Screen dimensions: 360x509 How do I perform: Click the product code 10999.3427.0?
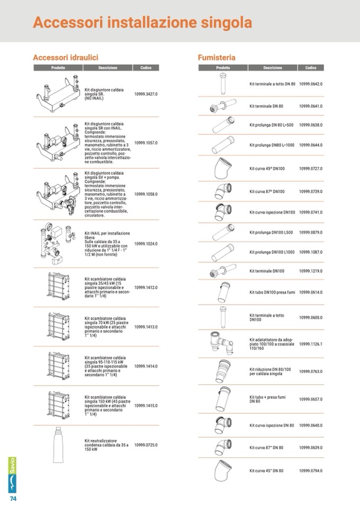pyautogui.click(x=146, y=94)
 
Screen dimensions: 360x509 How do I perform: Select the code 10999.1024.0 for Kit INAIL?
pyautogui.click(x=146, y=244)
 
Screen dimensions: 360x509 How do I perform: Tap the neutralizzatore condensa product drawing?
pyautogui.click(x=58, y=444)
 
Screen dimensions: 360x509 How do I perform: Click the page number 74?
pyautogui.click(x=13, y=498)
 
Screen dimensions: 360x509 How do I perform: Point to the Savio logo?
pyautogui.click(x=12, y=475)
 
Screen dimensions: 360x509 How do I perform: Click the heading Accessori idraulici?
pyautogui.click(x=65, y=58)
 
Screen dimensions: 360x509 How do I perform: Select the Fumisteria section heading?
pyautogui.click(x=217, y=58)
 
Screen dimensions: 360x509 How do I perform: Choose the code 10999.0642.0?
pyautogui.click(x=311, y=84)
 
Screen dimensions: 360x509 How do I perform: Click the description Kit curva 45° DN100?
pyautogui.click(x=267, y=169)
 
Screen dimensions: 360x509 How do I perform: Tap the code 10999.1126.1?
pyautogui.click(x=311, y=344)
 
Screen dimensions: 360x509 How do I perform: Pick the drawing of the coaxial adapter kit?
pyautogui.click(x=222, y=343)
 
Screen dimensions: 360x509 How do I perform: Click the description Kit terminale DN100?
pyautogui.click(x=267, y=271)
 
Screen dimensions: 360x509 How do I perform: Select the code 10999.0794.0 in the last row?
pyautogui.click(x=311, y=471)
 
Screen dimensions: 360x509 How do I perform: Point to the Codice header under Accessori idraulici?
pyautogui.click(x=146, y=68)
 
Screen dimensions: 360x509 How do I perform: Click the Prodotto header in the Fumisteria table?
pyautogui.click(x=223, y=68)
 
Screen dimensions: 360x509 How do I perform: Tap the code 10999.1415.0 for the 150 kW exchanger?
pyautogui.click(x=146, y=406)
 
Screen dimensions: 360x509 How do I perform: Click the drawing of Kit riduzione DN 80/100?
pyautogui.click(x=222, y=372)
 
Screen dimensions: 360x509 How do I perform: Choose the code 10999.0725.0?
pyautogui.click(x=146, y=445)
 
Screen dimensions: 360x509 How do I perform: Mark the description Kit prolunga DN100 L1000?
pyautogui.click(x=272, y=252)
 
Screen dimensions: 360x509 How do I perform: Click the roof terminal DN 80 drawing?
pyautogui.click(x=223, y=84)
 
